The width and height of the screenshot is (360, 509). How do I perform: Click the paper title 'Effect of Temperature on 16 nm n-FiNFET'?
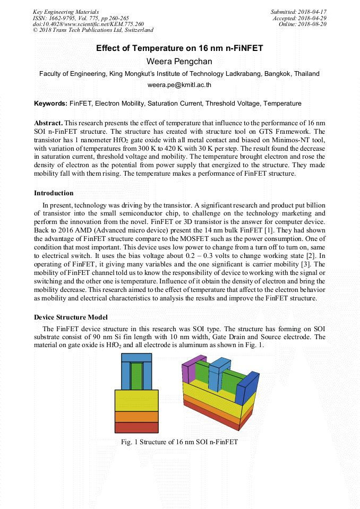coord(179,48)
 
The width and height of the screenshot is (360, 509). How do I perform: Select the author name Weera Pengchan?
coord(179,61)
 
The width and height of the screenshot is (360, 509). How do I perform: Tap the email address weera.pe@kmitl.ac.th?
coord(179,84)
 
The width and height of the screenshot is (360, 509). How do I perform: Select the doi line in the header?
coord(88,24)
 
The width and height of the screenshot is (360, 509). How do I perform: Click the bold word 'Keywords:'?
coord(50,103)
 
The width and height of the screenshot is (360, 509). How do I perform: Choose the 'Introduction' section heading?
coord(54,193)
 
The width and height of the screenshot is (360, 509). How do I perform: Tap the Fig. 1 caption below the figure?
coord(179,442)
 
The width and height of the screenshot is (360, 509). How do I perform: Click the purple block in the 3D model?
coord(187,372)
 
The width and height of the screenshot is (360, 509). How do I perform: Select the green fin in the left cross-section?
coord(136,375)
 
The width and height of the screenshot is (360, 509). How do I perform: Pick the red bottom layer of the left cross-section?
coord(136,427)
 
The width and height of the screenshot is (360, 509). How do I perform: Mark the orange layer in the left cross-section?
coord(136,416)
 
